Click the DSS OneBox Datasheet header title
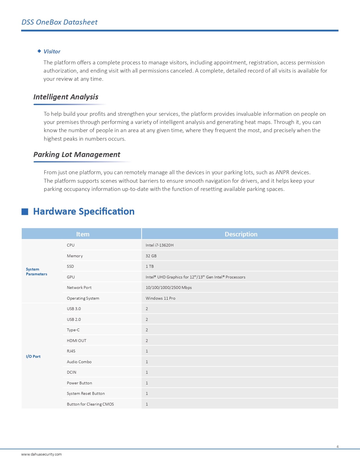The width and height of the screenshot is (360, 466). (x=60, y=22)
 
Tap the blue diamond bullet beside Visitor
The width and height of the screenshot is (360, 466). (x=39, y=51)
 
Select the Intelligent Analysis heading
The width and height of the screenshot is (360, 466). (x=66, y=97)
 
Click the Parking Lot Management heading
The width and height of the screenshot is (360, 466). (x=77, y=154)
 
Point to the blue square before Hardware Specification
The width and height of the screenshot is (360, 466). (x=25, y=212)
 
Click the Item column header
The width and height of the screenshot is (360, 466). (x=83, y=234)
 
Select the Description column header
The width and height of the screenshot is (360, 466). (x=241, y=234)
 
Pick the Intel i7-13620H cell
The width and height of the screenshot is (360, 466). (x=160, y=245)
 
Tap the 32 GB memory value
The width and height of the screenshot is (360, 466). (x=151, y=256)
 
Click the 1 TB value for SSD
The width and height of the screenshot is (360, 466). (x=150, y=266)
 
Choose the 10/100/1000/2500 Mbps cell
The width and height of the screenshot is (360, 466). (x=169, y=288)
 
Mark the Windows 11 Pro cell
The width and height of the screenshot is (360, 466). (x=160, y=298)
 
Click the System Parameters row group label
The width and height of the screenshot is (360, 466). (x=36, y=272)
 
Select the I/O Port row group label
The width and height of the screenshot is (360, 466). (x=33, y=356)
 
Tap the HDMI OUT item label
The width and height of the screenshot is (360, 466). (x=77, y=341)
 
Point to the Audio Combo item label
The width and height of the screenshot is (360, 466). (x=79, y=362)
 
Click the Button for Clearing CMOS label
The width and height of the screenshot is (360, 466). (x=90, y=404)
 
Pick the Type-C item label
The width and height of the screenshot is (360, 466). (x=73, y=330)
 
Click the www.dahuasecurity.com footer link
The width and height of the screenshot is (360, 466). (x=42, y=454)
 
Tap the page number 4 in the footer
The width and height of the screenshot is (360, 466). (x=337, y=447)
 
